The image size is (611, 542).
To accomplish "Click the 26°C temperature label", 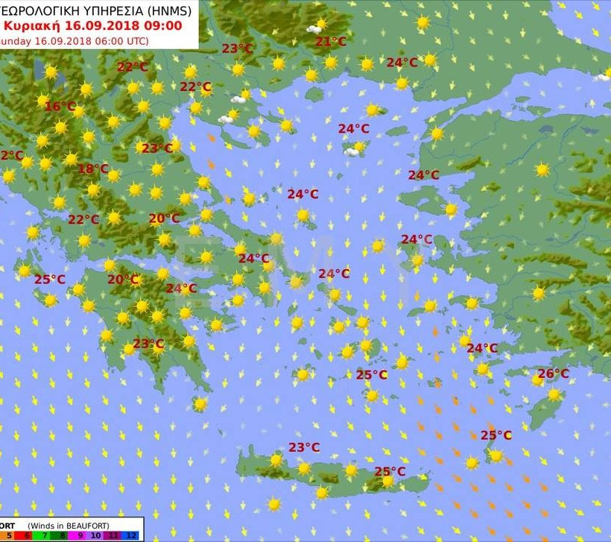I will pyautogui.click(x=553, y=374).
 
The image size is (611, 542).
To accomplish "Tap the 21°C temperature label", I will pyautogui.click(x=330, y=42).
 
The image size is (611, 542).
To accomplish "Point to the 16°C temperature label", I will pyautogui.click(x=60, y=107).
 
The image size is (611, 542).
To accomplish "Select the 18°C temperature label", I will pyautogui.click(x=93, y=168).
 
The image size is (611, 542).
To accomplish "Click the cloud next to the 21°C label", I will pyautogui.click(x=314, y=29).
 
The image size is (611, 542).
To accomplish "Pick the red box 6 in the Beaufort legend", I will pyautogui.click(x=28, y=535).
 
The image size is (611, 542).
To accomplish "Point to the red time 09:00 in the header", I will pyautogui.click(x=163, y=25).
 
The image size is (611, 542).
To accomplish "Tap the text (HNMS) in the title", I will pyautogui.click(x=168, y=10).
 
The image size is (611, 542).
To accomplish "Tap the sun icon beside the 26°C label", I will pyautogui.click(x=538, y=380).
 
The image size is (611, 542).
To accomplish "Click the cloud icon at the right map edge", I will pyautogui.click(x=603, y=76).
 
